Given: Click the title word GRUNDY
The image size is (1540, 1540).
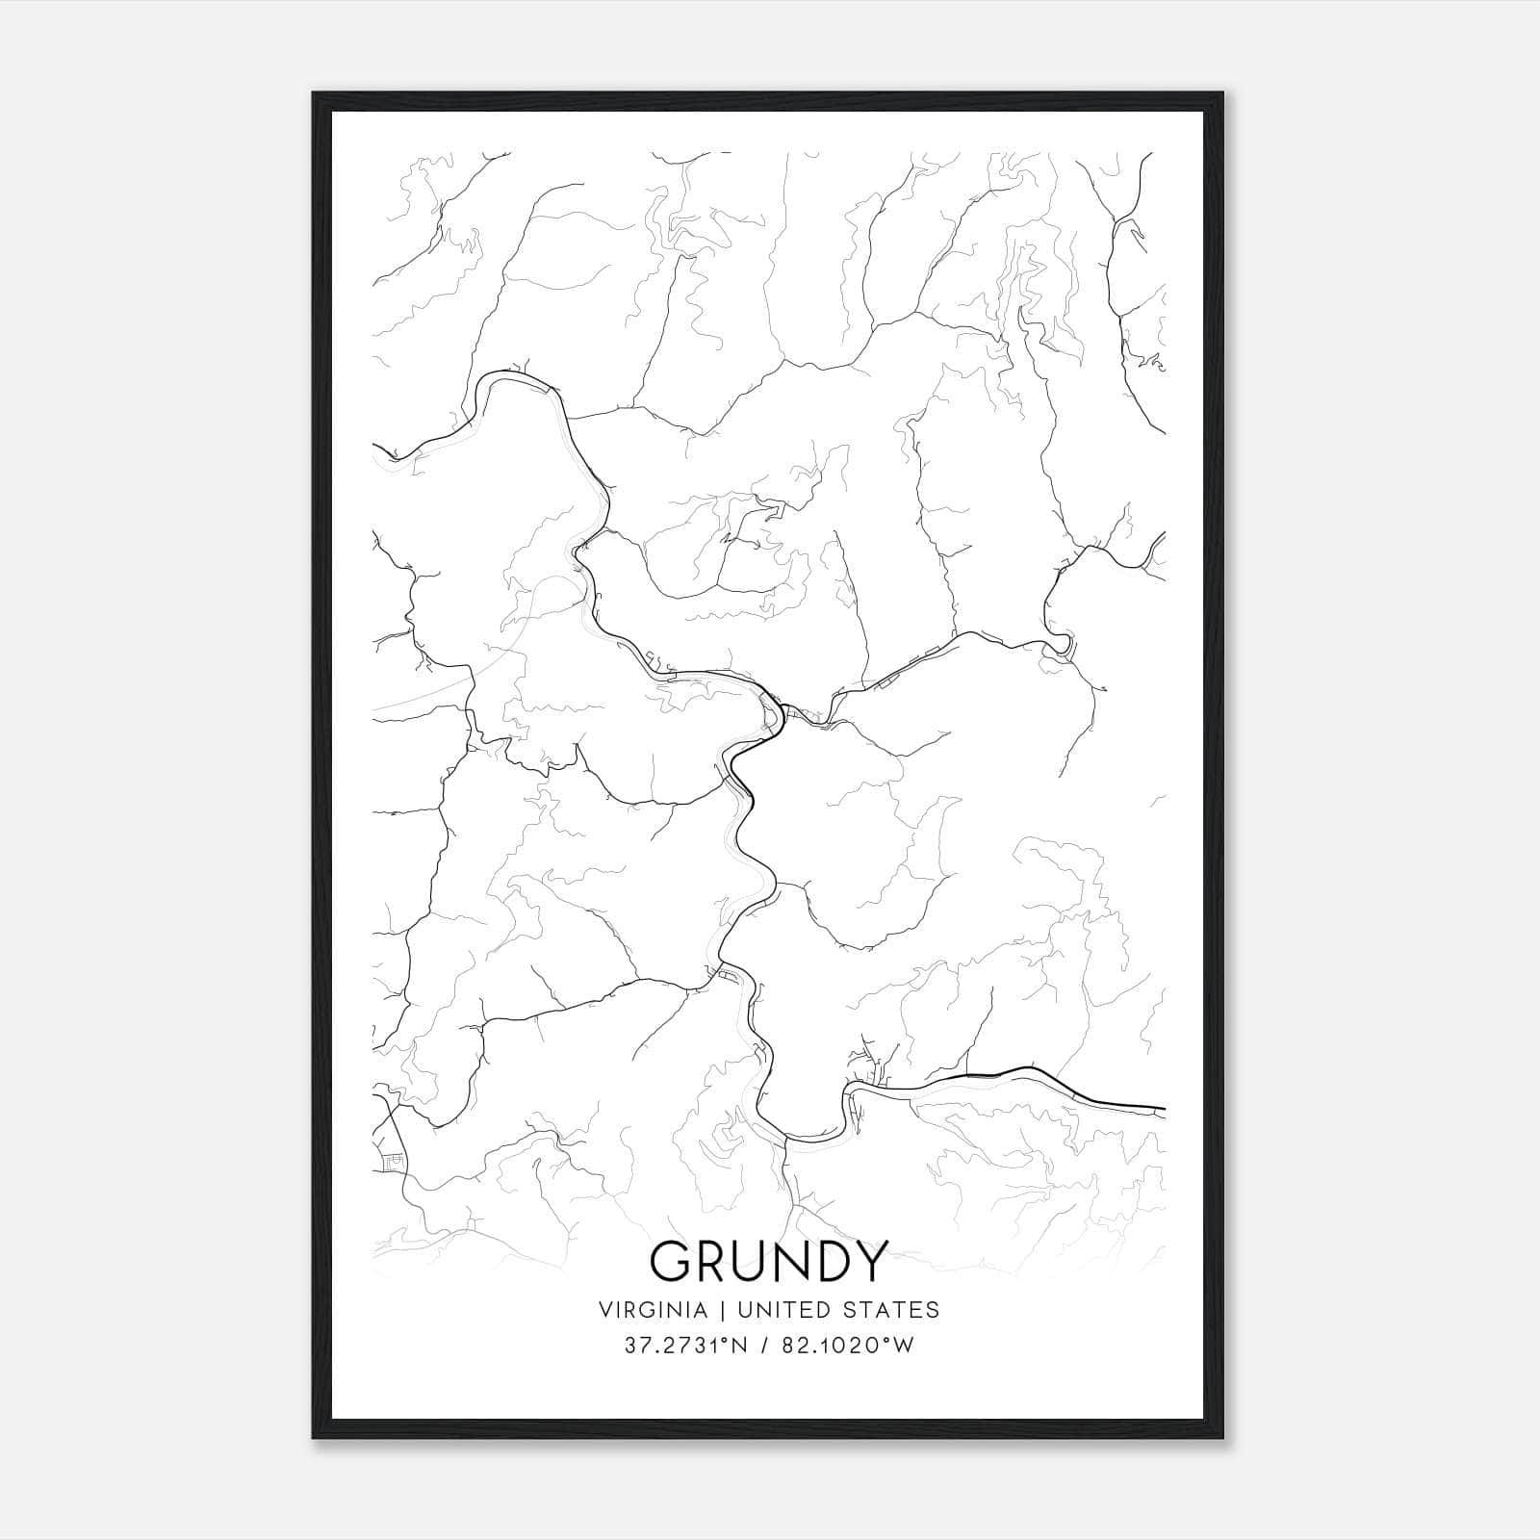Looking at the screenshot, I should (767, 1261).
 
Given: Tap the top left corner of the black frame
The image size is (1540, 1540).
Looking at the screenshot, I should (314, 94).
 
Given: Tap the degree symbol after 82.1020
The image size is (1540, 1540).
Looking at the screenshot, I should (883, 1340).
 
